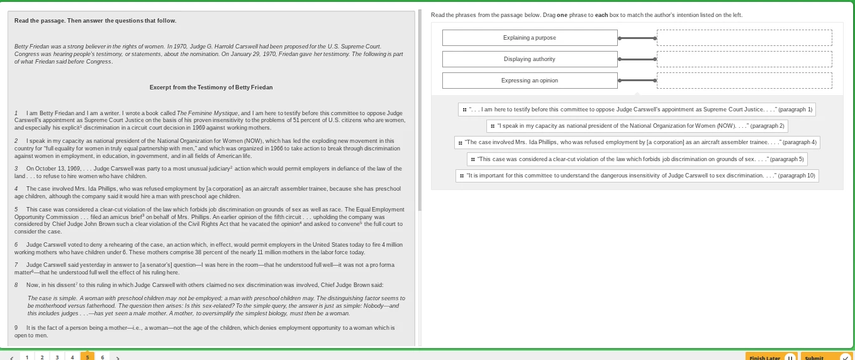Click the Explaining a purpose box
[529, 38]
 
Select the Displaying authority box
[529, 59]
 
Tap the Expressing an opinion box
[529, 81]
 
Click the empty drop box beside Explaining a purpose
[744, 38]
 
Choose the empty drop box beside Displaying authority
[744, 59]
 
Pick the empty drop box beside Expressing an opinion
[744, 81]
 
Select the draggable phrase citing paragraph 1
[637, 110]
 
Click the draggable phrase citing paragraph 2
[637, 126]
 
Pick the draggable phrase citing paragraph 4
[637, 142]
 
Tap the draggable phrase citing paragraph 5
[637, 159]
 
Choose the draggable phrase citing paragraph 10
[637, 176]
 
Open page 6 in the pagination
[102, 357]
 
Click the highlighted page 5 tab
[87, 357]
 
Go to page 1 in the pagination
[26, 357]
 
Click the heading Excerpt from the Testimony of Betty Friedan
[211, 87]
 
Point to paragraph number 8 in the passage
[16, 285]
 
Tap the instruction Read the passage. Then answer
[95, 21]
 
